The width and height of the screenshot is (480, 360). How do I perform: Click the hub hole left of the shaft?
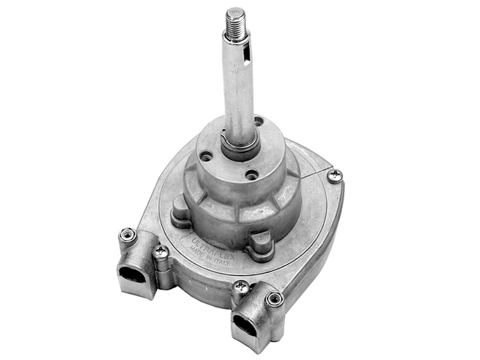point(205,157)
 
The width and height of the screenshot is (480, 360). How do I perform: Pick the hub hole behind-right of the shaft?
point(259,121)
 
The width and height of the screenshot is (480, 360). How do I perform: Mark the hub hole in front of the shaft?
point(252,175)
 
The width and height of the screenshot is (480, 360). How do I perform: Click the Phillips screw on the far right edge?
point(334,175)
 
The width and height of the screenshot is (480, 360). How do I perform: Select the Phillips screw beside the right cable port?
point(241,286)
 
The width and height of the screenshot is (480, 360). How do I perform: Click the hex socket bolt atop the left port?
point(127,235)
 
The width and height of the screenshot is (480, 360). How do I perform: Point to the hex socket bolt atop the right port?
point(275,298)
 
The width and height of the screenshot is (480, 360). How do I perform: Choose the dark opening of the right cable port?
point(245,323)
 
